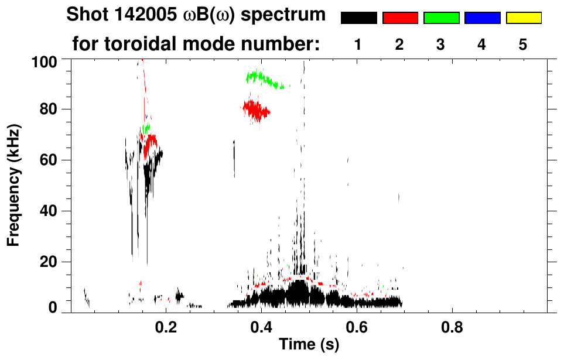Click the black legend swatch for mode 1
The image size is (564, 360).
coord(359,18)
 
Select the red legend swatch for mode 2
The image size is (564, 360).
coord(400,18)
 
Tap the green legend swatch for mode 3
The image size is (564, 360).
coord(441,18)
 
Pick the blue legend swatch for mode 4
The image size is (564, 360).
coord(482,18)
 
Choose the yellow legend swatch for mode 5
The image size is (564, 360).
coord(523,18)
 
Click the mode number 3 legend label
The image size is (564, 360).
coord(441,45)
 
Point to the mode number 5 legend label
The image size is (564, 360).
coord(523,45)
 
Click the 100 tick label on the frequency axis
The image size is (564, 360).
coord(44,61)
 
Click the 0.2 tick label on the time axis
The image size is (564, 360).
coord(166,325)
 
